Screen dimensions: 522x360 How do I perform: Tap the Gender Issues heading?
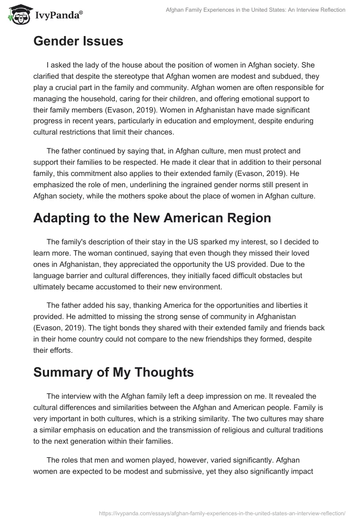coord(78,41)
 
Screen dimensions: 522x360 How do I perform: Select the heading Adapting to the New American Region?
coord(152,218)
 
